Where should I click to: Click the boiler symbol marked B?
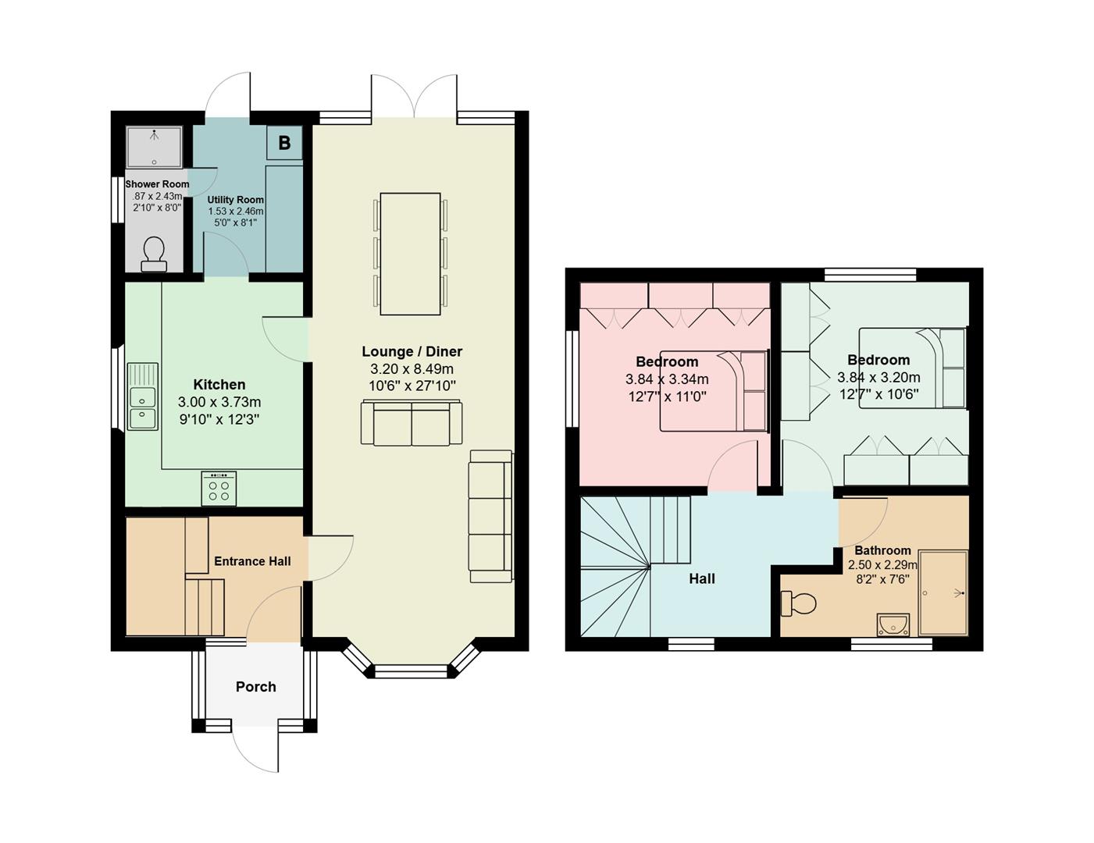(284, 143)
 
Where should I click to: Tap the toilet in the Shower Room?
(154, 254)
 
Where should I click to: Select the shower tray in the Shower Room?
(155, 147)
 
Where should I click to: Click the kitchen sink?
(143, 397)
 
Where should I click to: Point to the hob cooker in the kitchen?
(219, 489)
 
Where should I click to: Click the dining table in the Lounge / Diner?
(410, 254)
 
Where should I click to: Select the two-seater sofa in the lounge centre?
(412, 423)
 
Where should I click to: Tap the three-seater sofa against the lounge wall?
(490, 516)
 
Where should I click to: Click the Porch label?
(256, 687)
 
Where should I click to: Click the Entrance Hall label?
(252, 561)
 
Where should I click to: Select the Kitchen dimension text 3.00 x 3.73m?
(219, 402)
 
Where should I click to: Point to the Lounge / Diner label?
(412, 352)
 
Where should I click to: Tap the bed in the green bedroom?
(913, 368)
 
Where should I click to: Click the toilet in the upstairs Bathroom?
(798, 603)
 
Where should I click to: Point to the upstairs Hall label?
(702, 579)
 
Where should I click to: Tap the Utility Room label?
(236, 200)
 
